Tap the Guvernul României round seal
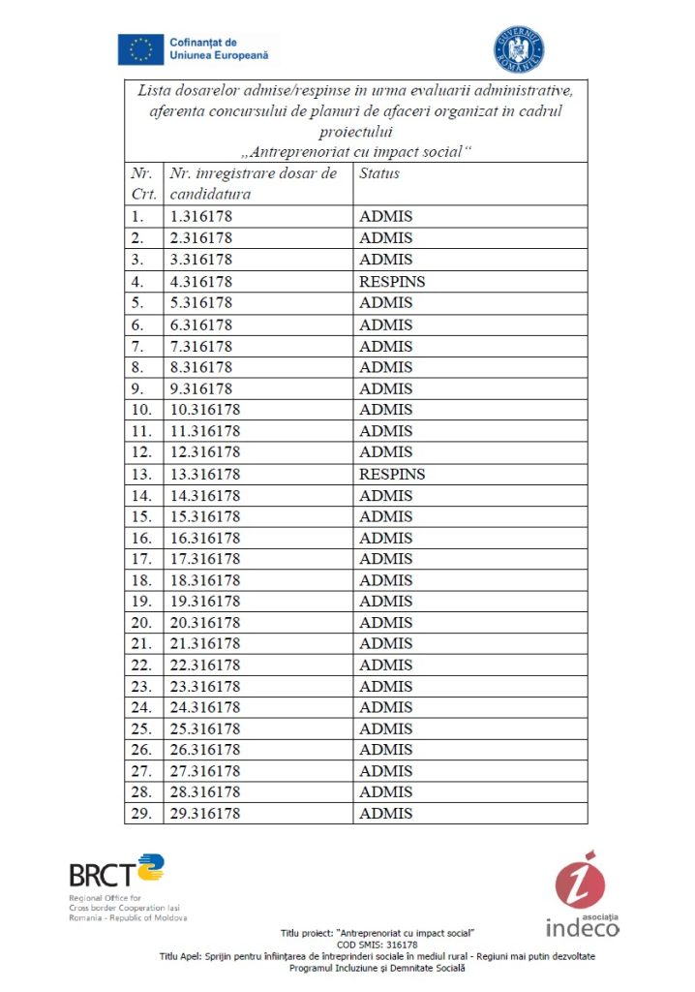point(520,50)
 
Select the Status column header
point(379,173)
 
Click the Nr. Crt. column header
point(142,183)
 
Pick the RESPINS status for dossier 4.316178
point(392,282)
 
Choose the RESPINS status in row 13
point(392,474)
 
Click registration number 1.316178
point(200,217)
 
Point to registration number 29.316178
point(204,814)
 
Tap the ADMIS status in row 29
point(385,814)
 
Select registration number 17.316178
point(204,559)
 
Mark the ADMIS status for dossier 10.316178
point(385,410)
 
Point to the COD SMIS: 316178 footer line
point(378,945)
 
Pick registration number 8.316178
point(200,367)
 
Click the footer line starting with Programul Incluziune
point(378,968)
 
